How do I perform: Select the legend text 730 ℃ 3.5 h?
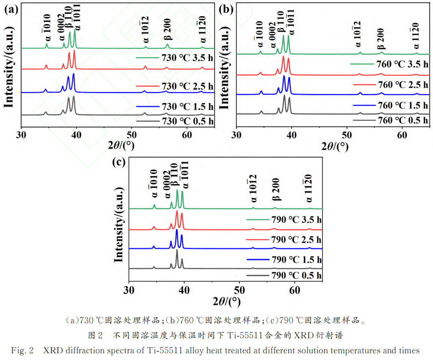point(187,57)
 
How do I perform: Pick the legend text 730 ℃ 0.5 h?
point(187,120)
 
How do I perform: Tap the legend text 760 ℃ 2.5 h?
point(402,84)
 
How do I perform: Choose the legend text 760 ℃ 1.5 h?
point(402,105)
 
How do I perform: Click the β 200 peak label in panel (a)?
point(167,30)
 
